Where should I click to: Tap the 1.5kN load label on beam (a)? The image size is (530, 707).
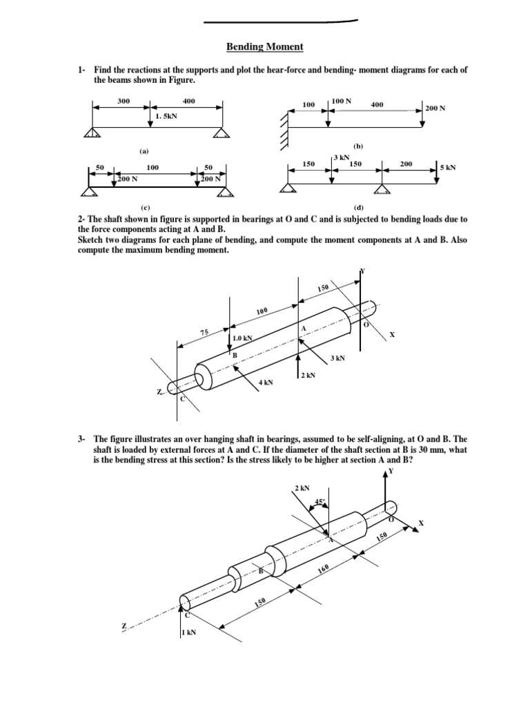[x=166, y=117]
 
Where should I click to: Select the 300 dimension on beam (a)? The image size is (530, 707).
[x=124, y=101]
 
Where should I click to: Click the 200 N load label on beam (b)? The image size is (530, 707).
[x=435, y=108]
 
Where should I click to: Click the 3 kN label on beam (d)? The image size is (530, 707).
[x=341, y=157]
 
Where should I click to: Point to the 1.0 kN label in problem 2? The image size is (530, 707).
[x=243, y=338]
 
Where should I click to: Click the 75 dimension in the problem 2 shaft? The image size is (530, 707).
[x=204, y=333]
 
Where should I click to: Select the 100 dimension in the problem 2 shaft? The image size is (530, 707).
[x=262, y=311]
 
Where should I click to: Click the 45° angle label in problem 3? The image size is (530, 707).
[x=320, y=502]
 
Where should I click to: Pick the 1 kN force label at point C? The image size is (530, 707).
[x=189, y=632]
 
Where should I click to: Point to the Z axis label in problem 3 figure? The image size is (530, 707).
[x=124, y=626]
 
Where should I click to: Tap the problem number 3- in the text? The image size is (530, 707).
[x=81, y=438]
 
